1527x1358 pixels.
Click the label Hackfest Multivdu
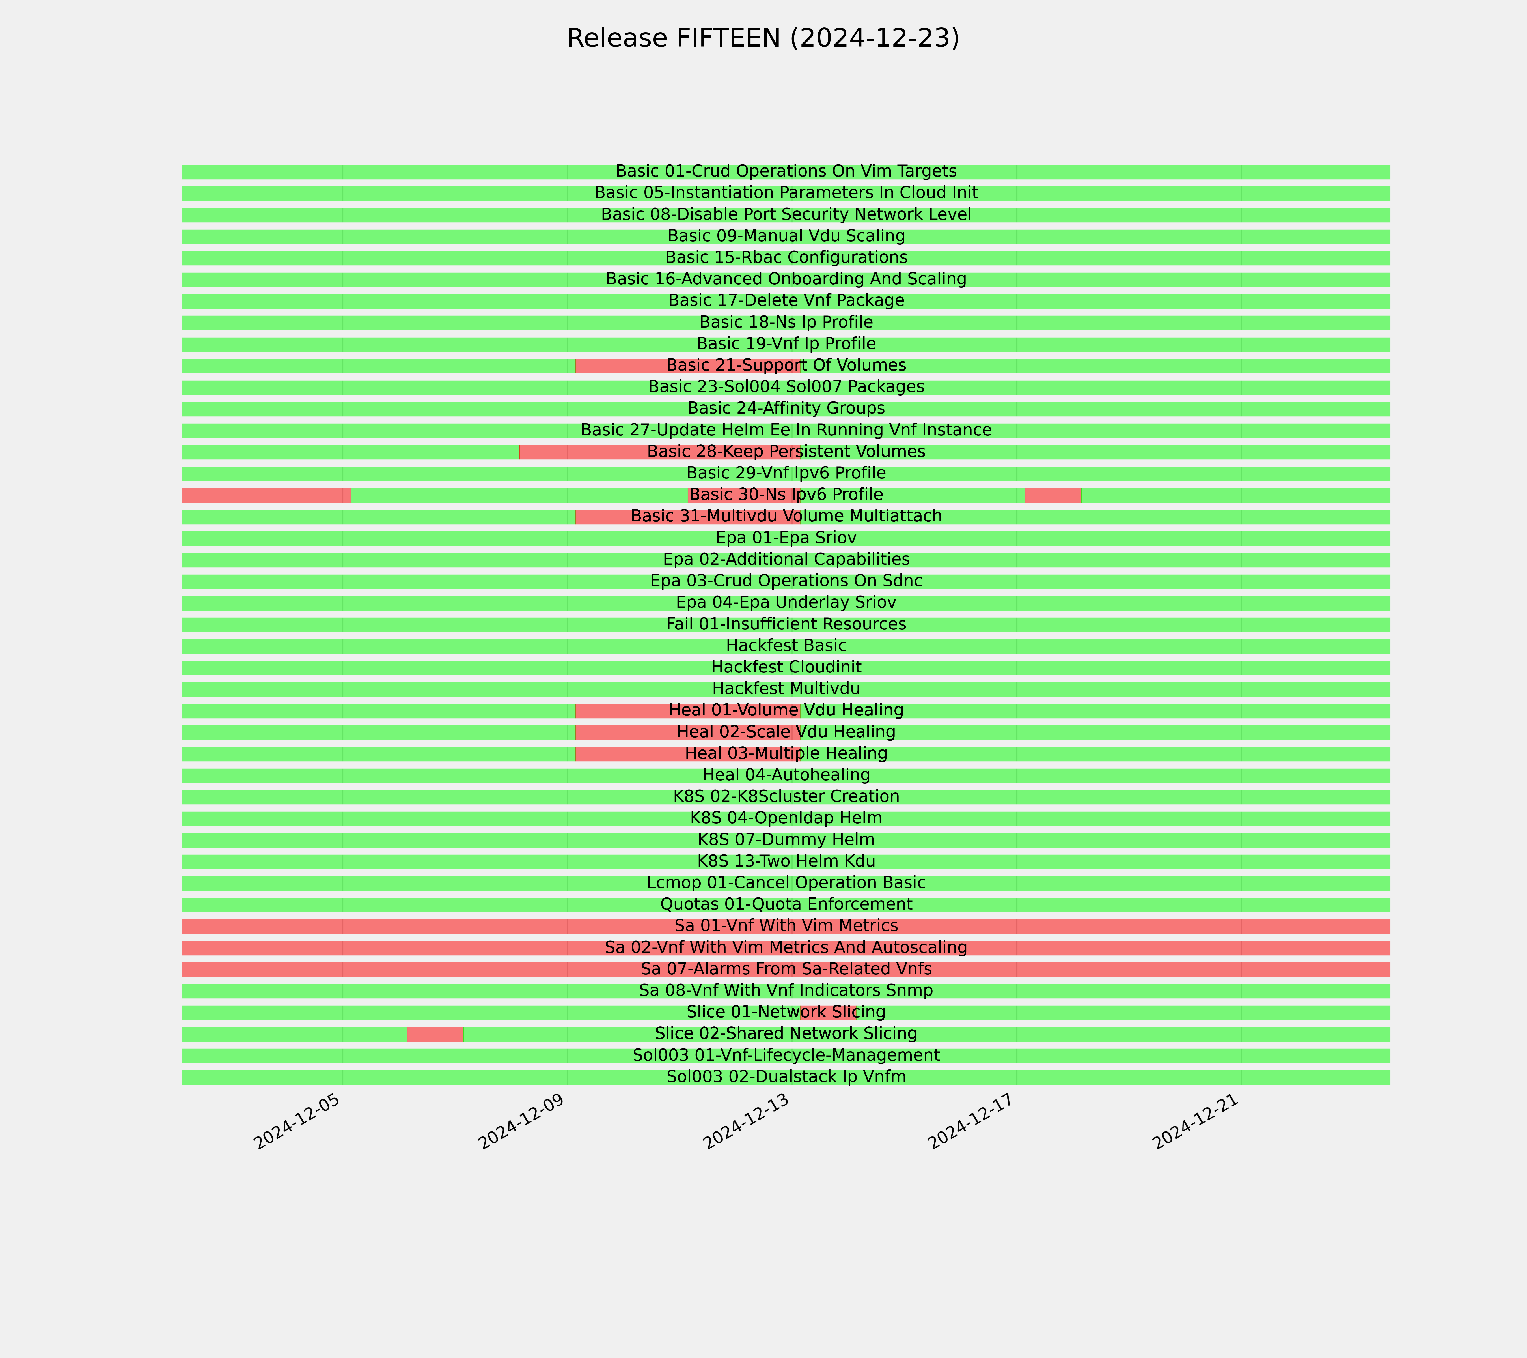click(x=786, y=688)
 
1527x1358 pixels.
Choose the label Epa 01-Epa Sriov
click(x=786, y=537)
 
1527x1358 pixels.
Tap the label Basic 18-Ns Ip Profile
click(x=786, y=322)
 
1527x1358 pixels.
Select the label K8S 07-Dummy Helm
click(x=786, y=839)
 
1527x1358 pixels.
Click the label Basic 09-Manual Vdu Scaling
click(x=786, y=236)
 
